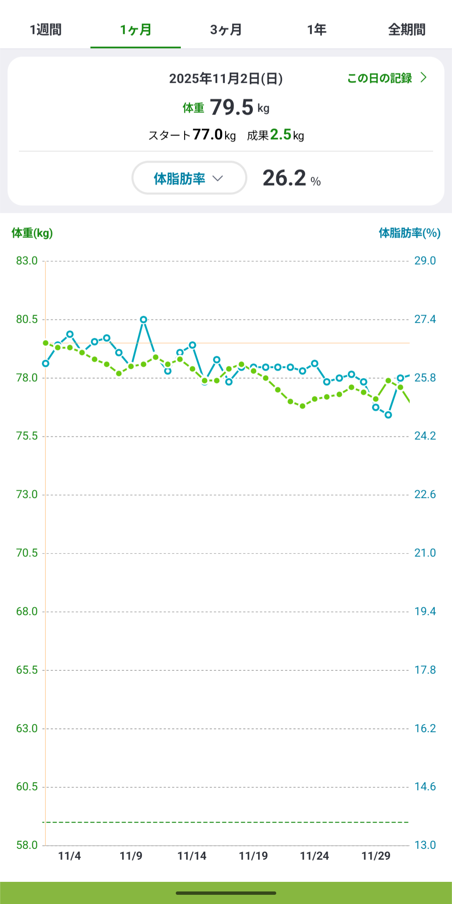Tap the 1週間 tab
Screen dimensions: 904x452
coord(46,30)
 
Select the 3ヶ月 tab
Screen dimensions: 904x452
coord(226,30)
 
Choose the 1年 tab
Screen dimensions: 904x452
coord(316,30)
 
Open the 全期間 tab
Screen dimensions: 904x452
coord(406,30)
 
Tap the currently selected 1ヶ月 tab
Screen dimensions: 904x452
coord(136,30)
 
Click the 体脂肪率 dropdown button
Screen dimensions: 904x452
coord(189,178)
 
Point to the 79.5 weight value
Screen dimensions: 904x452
coord(231,107)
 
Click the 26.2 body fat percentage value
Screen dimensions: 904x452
coord(285,178)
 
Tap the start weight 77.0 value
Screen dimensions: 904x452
coord(208,135)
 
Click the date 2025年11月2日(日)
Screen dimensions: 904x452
coord(226,79)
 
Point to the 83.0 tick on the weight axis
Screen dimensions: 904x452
coord(27,261)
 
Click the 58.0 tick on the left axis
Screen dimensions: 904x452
coord(27,845)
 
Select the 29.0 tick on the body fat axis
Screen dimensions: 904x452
coord(425,261)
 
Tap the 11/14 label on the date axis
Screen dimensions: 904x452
coord(192,856)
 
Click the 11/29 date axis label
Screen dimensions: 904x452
coord(376,856)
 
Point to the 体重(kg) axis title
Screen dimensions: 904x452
coord(32,233)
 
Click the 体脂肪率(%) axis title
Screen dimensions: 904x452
coord(409,233)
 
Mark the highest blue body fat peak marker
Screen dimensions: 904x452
coord(144,319)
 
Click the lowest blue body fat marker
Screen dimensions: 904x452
coord(388,415)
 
